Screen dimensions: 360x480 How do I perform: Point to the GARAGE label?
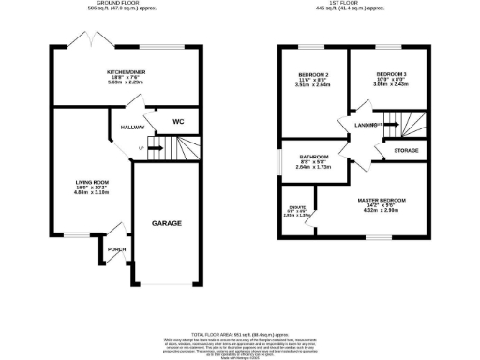(167, 223)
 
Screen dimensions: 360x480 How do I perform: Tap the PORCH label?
(116, 249)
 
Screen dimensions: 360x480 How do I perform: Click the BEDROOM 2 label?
(313, 74)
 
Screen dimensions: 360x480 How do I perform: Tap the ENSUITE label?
(297, 207)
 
